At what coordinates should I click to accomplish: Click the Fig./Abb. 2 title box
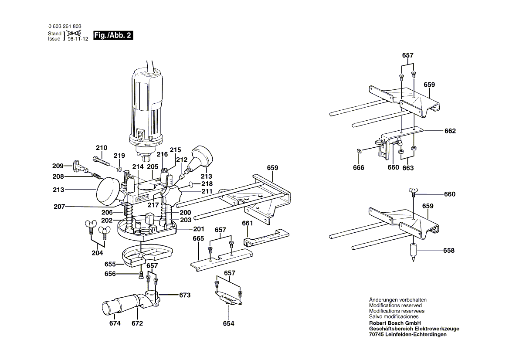tap(113, 36)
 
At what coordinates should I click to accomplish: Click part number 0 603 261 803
tap(64, 27)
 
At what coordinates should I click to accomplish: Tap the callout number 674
tap(115, 323)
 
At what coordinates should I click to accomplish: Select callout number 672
tap(137, 323)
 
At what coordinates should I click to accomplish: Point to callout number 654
tap(228, 323)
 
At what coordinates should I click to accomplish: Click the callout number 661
tap(248, 223)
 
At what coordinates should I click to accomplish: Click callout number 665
tap(198, 238)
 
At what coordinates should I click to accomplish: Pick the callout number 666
tap(359, 168)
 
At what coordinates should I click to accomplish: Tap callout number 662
tap(450, 131)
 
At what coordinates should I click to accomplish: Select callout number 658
tap(448, 250)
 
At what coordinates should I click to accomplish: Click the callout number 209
tap(58, 166)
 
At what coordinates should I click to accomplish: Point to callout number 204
tap(97, 253)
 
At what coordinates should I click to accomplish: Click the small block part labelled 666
tap(359, 151)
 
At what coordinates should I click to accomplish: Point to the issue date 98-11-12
tap(78, 39)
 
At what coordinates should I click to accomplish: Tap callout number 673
tap(185, 295)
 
